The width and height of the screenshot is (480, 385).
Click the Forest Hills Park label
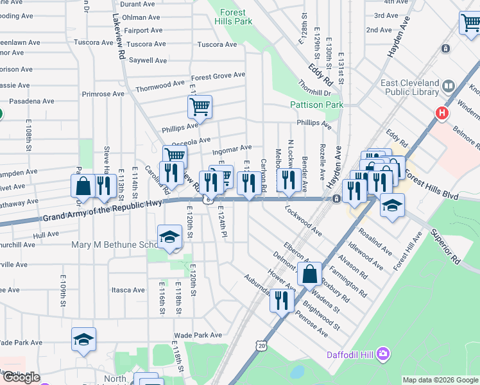pos(236,17)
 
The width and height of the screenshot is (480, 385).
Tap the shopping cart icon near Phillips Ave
pos(200,107)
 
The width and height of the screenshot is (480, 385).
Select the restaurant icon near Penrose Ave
pos(282,300)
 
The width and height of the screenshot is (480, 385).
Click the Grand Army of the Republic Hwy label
pos(103,212)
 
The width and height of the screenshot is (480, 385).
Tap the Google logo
pos(21,377)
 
